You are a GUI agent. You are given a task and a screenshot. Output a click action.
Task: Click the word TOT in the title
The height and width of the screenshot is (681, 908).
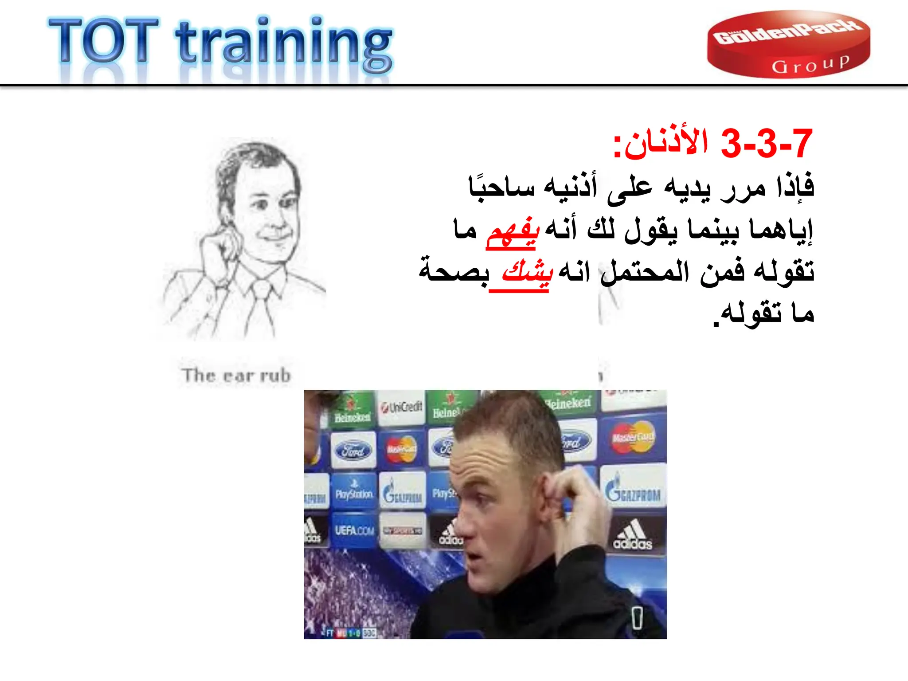103,41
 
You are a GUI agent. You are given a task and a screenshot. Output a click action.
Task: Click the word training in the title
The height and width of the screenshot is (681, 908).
284,44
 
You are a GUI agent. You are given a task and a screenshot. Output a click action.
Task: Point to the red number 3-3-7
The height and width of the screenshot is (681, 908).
767,144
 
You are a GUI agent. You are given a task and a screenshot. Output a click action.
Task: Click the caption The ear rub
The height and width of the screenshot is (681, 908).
236,376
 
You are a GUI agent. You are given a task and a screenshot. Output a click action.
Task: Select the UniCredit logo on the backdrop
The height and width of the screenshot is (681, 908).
401,407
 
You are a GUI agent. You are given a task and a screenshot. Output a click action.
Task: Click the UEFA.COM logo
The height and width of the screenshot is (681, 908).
354,530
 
